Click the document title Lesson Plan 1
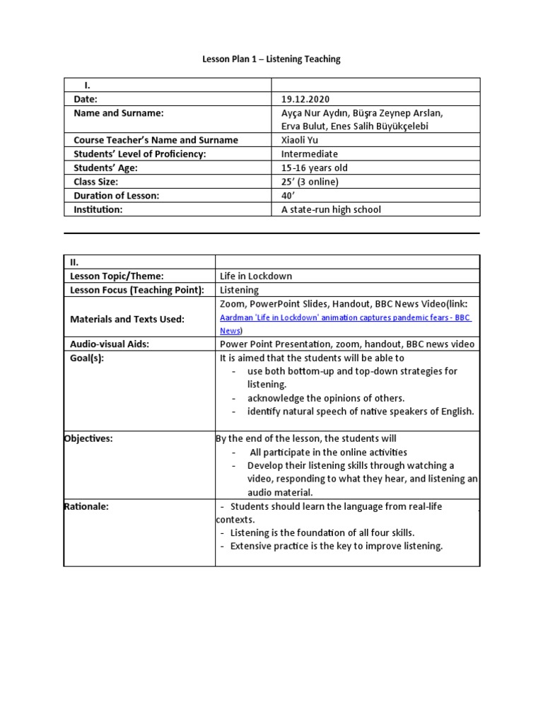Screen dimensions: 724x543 [x=271, y=59]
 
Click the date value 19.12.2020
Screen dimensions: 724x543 [x=305, y=100]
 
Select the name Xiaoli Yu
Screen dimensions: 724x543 [x=300, y=140]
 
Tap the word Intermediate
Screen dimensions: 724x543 [x=310, y=154]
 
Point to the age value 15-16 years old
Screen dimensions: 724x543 [x=314, y=168]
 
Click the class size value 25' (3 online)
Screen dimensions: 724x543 [x=310, y=182]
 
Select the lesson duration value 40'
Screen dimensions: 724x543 [x=287, y=196]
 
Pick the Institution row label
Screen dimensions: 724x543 [x=98, y=209]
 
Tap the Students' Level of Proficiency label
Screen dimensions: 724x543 [x=139, y=154]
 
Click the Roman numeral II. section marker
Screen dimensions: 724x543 [x=74, y=262]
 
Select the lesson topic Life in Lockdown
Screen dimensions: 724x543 [x=256, y=276]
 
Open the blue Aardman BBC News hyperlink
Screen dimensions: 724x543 [x=345, y=318]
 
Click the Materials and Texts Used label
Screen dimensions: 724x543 [x=127, y=319]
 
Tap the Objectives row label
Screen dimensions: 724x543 [x=88, y=438]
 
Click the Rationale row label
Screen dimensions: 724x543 [x=86, y=506]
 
